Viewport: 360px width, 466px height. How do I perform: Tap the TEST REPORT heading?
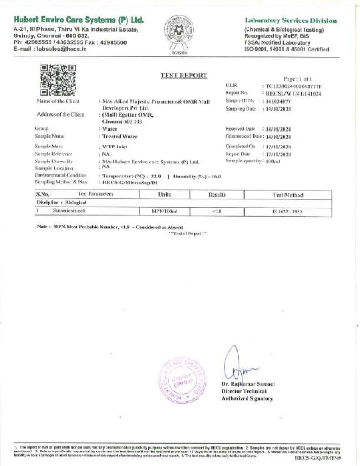(183, 76)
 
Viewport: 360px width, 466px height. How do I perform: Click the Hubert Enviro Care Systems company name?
(79, 20)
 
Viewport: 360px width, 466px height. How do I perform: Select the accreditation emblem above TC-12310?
(179, 32)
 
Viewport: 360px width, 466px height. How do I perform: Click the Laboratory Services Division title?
(291, 20)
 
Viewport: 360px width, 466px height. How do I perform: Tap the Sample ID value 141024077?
(279, 101)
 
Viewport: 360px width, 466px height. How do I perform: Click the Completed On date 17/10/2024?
(279, 147)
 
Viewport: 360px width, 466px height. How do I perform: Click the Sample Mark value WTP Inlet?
(115, 147)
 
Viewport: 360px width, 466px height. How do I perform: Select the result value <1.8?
(217, 211)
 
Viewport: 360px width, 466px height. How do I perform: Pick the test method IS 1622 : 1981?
(288, 211)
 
